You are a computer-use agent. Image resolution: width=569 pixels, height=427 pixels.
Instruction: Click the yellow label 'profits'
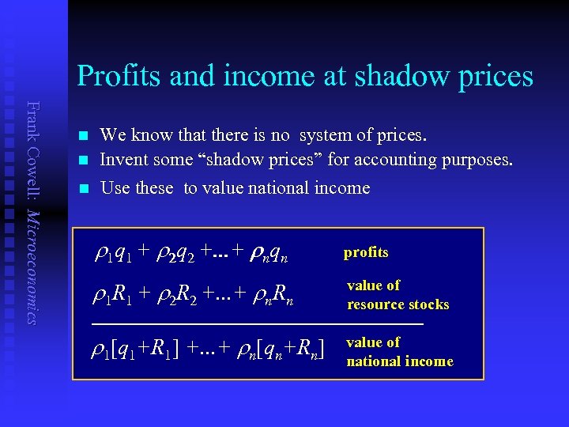pos(366,252)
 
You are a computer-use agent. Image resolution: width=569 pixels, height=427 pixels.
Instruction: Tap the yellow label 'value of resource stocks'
pos(398,295)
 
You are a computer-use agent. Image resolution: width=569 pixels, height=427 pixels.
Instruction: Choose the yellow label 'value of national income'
pos(399,352)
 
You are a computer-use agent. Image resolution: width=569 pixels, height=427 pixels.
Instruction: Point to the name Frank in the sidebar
pos(32,118)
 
